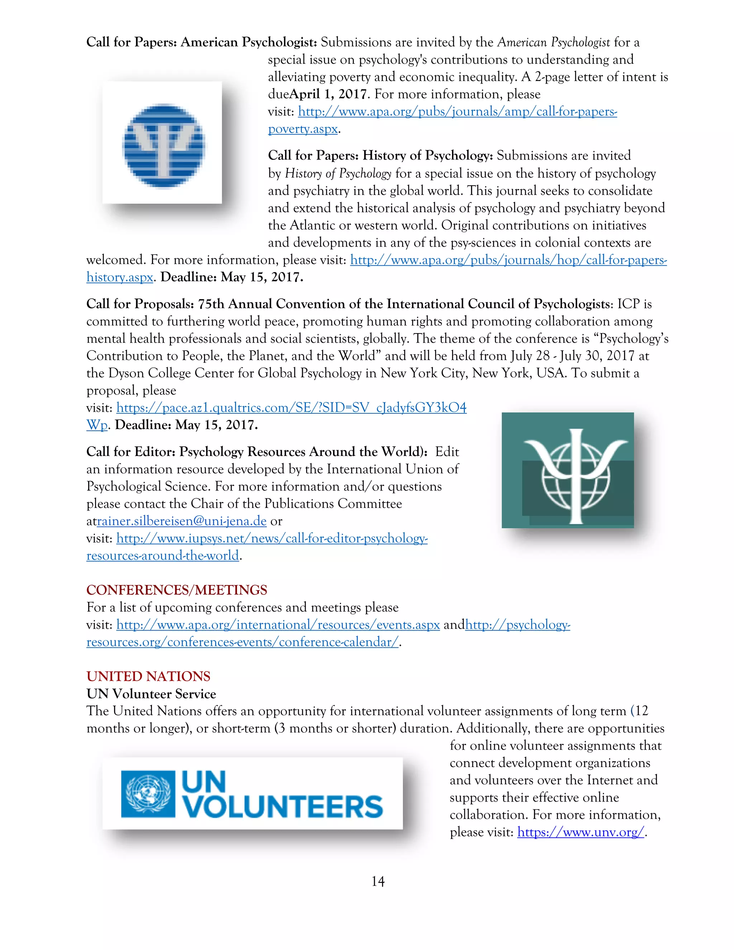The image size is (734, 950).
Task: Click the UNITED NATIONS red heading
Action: [148, 676]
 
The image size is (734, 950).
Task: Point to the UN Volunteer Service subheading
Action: [151, 694]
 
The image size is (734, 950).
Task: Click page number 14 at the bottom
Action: [377, 882]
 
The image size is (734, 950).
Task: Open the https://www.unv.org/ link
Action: [580, 832]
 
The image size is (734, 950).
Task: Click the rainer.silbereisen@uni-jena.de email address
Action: [181, 521]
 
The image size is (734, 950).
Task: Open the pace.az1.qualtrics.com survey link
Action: [291, 408]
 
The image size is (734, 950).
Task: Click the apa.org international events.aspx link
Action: [278, 625]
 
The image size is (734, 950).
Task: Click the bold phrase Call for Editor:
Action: [130, 452]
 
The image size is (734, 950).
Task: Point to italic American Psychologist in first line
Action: [553, 43]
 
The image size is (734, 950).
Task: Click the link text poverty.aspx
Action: [302, 129]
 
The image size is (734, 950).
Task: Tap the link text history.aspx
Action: [120, 277]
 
